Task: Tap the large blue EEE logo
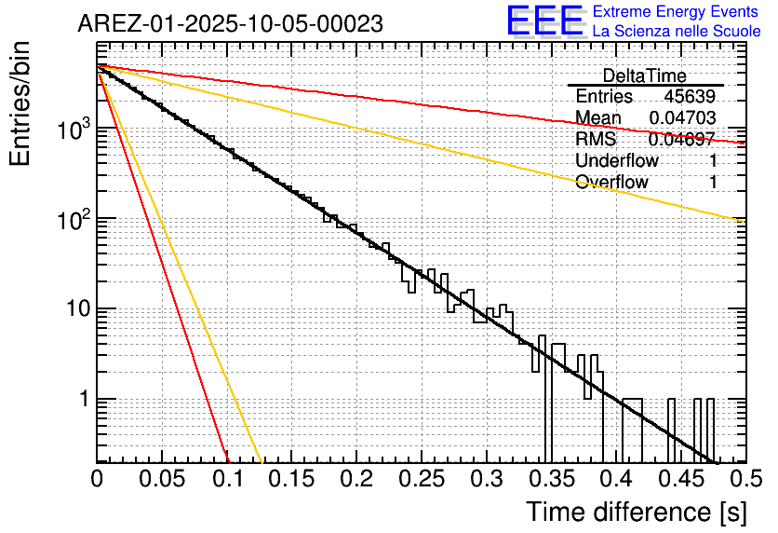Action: (544, 20)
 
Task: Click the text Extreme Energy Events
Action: (676, 12)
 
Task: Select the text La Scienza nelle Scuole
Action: (676, 32)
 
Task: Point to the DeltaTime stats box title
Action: (644, 75)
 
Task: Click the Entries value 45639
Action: (690, 97)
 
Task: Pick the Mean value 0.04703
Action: (682, 117)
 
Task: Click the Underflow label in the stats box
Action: (617, 160)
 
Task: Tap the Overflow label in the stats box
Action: (611, 182)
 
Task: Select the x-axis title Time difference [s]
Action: (635, 512)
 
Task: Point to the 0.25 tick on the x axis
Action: (421, 479)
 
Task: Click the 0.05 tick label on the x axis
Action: (162, 479)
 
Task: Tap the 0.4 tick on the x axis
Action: (616, 479)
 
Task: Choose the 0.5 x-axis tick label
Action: (744, 479)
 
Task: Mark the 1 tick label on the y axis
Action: (82, 399)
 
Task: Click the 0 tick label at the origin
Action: (97, 479)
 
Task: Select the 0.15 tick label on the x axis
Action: (291, 479)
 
